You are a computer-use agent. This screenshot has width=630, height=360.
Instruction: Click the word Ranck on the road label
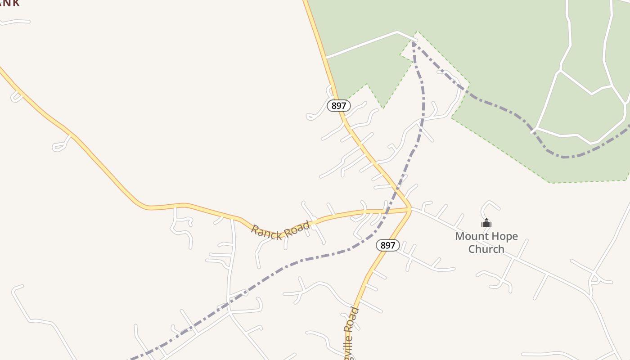tap(266, 232)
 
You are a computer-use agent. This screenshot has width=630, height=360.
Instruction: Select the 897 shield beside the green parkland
tap(338, 106)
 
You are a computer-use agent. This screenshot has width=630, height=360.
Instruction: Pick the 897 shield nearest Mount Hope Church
tap(387, 245)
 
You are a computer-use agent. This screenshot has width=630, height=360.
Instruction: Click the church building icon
tap(486, 223)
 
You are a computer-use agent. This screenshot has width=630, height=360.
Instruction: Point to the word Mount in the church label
tap(473, 236)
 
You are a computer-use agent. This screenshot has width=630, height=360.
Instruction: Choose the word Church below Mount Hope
tap(486, 249)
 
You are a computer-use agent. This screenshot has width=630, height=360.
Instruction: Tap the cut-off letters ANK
tap(10, 4)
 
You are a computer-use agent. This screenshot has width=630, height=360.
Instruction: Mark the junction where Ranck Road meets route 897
tap(410, 209)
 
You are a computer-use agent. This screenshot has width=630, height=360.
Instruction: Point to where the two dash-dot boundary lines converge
tap(413, 42)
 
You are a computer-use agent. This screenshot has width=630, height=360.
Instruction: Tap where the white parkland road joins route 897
tap(325, 58)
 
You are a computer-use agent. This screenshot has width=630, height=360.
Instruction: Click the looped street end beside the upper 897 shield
tap(310, 117)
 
